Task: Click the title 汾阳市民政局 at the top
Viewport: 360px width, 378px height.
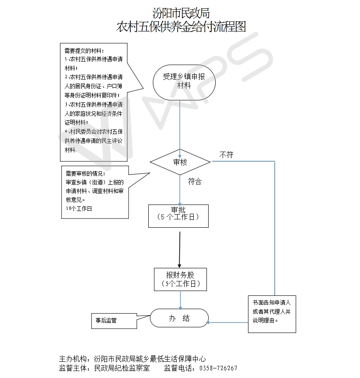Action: tap(181, 13)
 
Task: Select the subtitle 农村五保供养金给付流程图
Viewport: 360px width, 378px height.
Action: tap(181, 27)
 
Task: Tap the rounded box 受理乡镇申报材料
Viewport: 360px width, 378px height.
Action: tap(184, 81)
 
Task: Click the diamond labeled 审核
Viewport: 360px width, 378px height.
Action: tap(180, 162)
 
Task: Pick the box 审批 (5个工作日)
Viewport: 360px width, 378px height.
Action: tap(178, 215)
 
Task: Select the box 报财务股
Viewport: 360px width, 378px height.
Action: tap(180, 279)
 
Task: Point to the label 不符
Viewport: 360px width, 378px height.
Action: tap(226, 155)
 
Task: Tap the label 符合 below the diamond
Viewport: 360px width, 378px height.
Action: tap(195, 182)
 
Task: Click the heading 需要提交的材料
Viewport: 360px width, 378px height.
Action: tap(84, 50)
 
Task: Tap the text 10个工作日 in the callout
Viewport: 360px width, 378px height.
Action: tap(79, 208)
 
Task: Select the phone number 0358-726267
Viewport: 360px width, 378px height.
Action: tap(218, 368)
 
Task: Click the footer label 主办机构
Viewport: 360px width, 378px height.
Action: tap(74, 359)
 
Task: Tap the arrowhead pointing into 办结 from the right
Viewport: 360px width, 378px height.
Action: tap(209, 323)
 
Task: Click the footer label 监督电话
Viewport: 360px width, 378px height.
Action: tap(179, 368)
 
